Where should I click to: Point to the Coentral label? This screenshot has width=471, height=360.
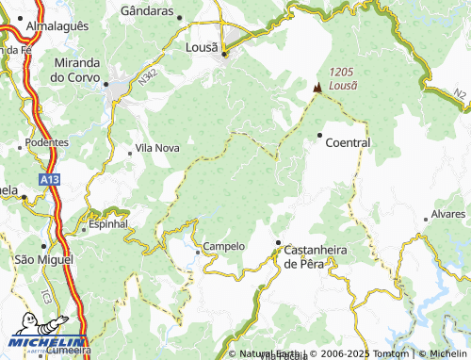348,142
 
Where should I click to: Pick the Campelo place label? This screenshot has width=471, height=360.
223,246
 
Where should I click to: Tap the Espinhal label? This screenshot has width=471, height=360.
107,224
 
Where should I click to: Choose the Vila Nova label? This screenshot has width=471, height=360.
157,148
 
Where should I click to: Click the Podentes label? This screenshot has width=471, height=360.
47,141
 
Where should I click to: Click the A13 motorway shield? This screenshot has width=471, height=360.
51,178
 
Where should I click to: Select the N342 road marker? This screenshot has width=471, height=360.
146,82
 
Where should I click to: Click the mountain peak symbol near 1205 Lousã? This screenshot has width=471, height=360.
317,88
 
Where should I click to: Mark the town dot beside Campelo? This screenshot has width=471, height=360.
198,251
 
